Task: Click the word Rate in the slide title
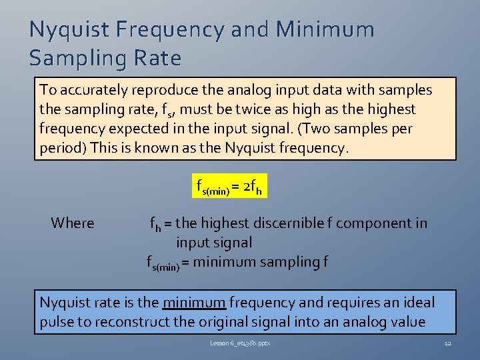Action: pyautogui.click(x=157, y=59)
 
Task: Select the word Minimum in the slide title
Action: pyautogui.click(x=325, y=30)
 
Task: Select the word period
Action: pyautogui.click(x=60, y=148)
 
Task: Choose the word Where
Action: pyautogui.click(x=72, y=223)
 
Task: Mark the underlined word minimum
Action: pyautogui.click(x=193, y=303)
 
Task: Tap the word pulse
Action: pyautogui.click(x=57, y=322)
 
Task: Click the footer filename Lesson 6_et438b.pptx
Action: pyautogui.click(x=240, y=343)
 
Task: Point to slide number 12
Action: pyautogui.click(x=447, y=343)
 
